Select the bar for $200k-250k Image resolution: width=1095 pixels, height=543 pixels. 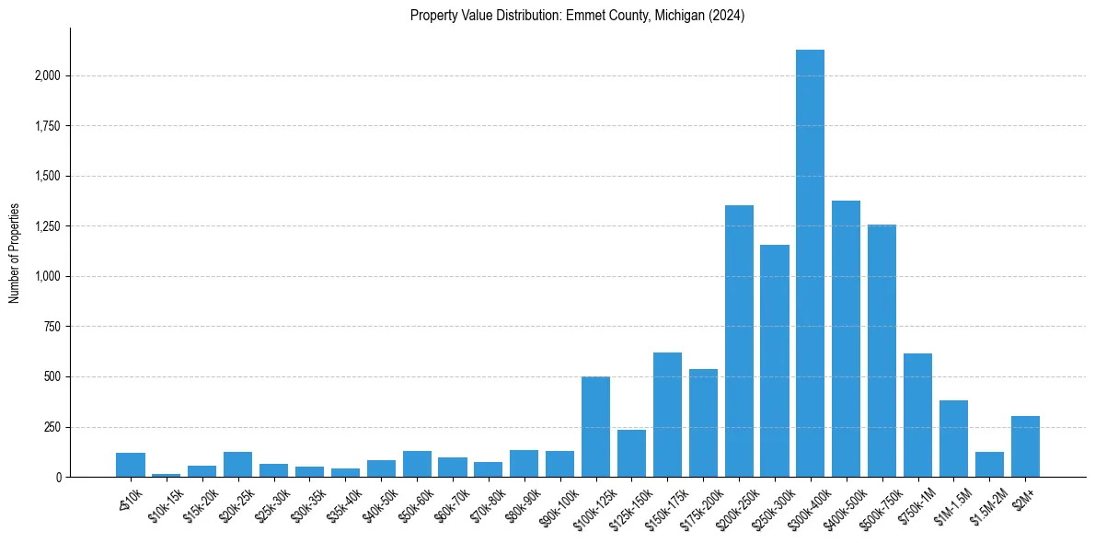click(739, 341)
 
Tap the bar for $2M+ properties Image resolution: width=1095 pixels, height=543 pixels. click(1025, 446)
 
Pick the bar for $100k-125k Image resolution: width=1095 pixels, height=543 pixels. click(595, 427)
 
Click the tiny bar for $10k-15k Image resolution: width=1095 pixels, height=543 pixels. click(167, 475)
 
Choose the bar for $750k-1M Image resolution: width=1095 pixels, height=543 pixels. click(917, 415)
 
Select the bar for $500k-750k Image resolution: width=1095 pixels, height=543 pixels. click(882, 351)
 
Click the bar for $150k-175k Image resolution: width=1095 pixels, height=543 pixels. click(667, 415)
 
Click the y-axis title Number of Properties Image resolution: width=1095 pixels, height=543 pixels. click(14, 252)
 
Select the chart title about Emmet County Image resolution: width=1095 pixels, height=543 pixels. click(578, 16)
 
